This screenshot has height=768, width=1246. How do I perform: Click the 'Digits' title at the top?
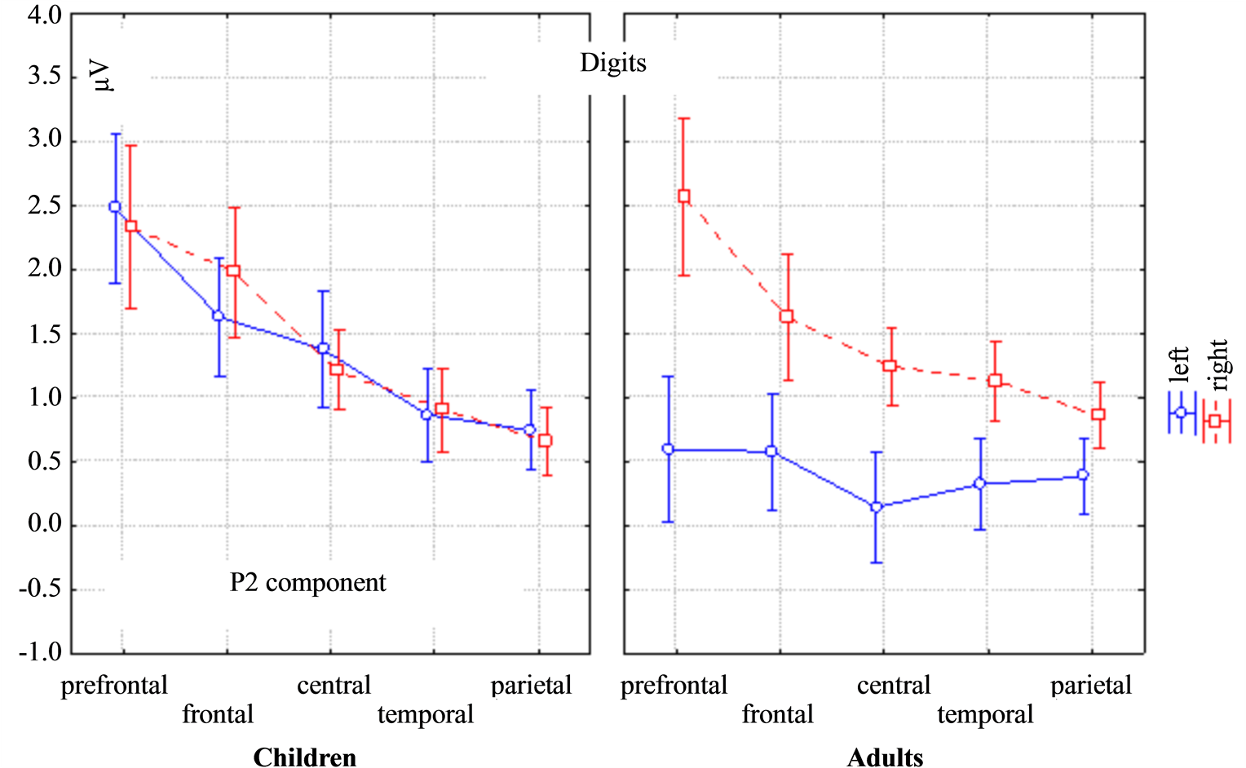point(612,64)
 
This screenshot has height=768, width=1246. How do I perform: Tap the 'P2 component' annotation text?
point(307,583)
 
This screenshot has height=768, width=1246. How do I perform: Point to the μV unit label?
point(103,75)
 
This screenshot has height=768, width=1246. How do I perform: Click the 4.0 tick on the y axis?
point(45,15)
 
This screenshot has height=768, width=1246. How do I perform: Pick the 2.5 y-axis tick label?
point(45,205)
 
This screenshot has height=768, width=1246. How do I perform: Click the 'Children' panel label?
point(304,757)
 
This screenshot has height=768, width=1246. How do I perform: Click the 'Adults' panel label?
point(885,757)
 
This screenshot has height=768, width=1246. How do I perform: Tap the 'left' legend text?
point(1179,364)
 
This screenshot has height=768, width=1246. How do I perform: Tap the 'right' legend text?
point(1217,364)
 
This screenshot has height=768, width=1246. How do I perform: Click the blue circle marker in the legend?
point(1180,413)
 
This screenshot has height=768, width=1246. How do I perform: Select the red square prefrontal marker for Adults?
point(684,196)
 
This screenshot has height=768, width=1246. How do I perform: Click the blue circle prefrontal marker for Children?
point(115,207)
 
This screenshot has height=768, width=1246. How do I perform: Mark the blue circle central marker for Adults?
point(876,507)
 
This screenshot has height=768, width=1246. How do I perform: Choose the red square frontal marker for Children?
point(234,271)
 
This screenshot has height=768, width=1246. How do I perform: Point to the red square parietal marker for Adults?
point(1098,415)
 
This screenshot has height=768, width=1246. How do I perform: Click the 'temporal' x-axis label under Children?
point(425,715)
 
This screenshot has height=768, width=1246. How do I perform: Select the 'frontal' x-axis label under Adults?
point(777,715)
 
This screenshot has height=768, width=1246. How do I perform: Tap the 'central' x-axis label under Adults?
point(893,686)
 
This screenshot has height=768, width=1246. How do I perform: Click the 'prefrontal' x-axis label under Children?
point(114,686)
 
